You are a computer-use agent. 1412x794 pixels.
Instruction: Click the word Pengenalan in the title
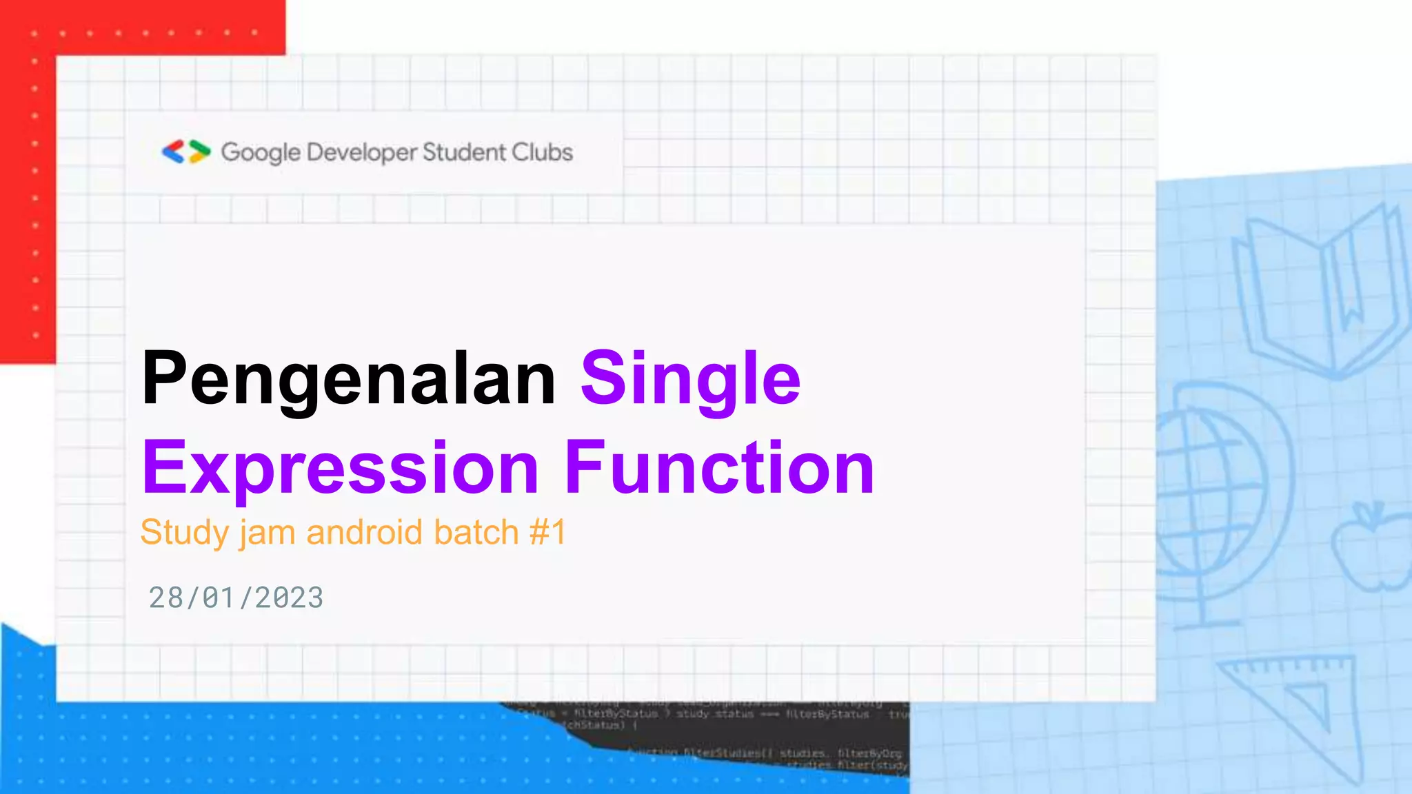pos(348,379)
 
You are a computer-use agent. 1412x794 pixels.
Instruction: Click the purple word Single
pos(690,379)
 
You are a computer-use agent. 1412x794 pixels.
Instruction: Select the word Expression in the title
pos(341,469)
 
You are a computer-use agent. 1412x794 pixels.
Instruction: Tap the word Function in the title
pos(719,469)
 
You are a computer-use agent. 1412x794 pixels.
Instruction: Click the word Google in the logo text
pos(261,152)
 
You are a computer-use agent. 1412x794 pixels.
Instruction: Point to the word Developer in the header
pos(362,152)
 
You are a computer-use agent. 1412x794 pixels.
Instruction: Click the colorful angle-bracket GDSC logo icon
pos(186,152)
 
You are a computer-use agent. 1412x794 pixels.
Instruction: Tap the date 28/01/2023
pos(236,598)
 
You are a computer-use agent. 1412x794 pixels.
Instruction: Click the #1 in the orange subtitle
pos(548,532)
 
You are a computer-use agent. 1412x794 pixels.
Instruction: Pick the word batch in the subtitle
pos(476,532)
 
